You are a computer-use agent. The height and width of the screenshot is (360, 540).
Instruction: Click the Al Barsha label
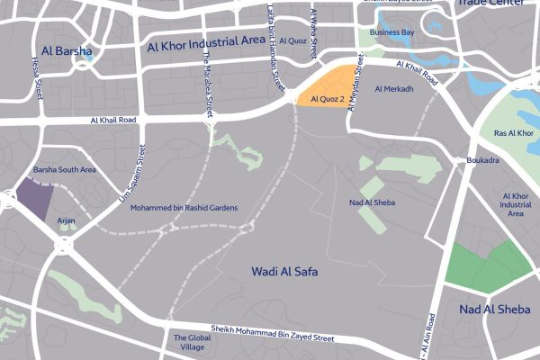click(x=66, y=51)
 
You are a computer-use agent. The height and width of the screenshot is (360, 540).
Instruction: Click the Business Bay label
click(x=391, y=32)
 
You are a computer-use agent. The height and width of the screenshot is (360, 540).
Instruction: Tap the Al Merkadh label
click(x=393, y=89)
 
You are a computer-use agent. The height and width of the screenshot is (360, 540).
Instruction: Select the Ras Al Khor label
click(x=514, y=133)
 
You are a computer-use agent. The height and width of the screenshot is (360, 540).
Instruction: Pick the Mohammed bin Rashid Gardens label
click(x=184, y=208)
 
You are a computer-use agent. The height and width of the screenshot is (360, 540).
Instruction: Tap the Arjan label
click(x=66, y=220)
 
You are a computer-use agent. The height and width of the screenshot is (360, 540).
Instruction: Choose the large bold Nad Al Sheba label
click(x=494, y=310)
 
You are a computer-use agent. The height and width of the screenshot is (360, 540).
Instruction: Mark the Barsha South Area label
click(x=64, y=169)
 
